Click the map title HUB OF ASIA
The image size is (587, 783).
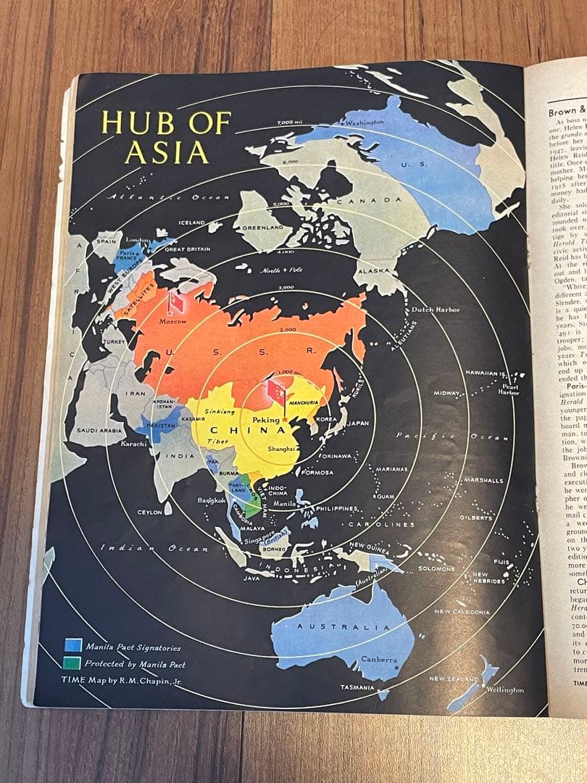166,137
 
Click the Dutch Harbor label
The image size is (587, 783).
436,310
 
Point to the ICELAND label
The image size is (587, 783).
193,223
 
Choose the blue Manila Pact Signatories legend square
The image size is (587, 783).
72,646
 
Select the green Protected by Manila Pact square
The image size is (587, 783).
72,663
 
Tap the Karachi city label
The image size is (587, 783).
135,444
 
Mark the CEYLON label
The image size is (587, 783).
149,513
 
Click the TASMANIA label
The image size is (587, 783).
357,687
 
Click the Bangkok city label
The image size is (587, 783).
211,500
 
